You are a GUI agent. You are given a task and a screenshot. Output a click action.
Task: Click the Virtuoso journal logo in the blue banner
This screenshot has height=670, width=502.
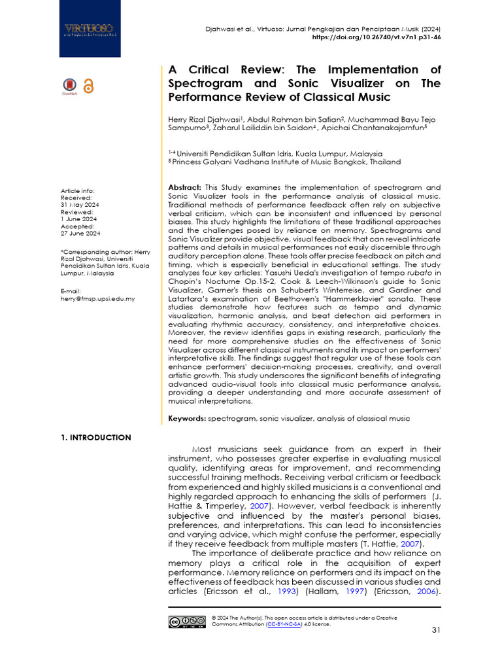pyautogui.click(x=88, y=29)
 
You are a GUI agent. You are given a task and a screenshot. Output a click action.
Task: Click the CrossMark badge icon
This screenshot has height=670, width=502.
pyautogui.click(x=69, y=86)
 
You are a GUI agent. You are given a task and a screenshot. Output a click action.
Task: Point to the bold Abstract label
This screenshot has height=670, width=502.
pyautogui.click(x=185, y=187)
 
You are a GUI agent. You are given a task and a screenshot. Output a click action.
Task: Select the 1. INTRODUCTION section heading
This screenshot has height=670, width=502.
pyautogui.click(x=95, y=438)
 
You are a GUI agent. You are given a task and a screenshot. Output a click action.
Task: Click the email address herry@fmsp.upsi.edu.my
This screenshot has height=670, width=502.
pyautogui.click(x=97, y=298)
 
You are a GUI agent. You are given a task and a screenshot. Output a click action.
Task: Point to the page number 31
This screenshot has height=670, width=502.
pyautogui.click(x=436, y=629)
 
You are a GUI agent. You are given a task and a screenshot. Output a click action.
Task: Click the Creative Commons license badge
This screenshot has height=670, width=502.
pyautogui.click(x=187, y=622)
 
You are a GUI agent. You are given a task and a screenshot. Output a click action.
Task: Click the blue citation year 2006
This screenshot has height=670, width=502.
pyautogui.click(x=424, y=591)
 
